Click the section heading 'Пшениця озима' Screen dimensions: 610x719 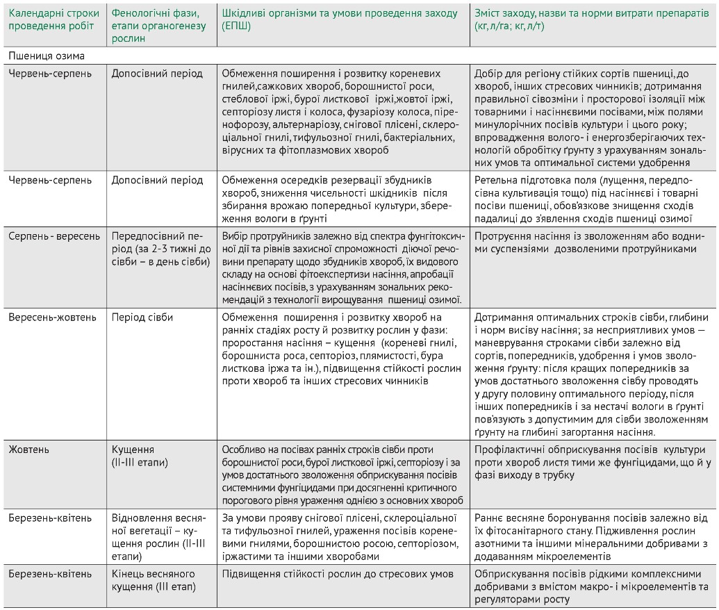click(47, 55)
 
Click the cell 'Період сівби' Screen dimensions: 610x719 click(142, 318)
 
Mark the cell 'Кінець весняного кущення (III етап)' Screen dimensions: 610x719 click(154, 580)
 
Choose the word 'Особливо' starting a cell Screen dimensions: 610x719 click(244, 450)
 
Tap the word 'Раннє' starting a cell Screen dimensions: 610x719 click(490, 518)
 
